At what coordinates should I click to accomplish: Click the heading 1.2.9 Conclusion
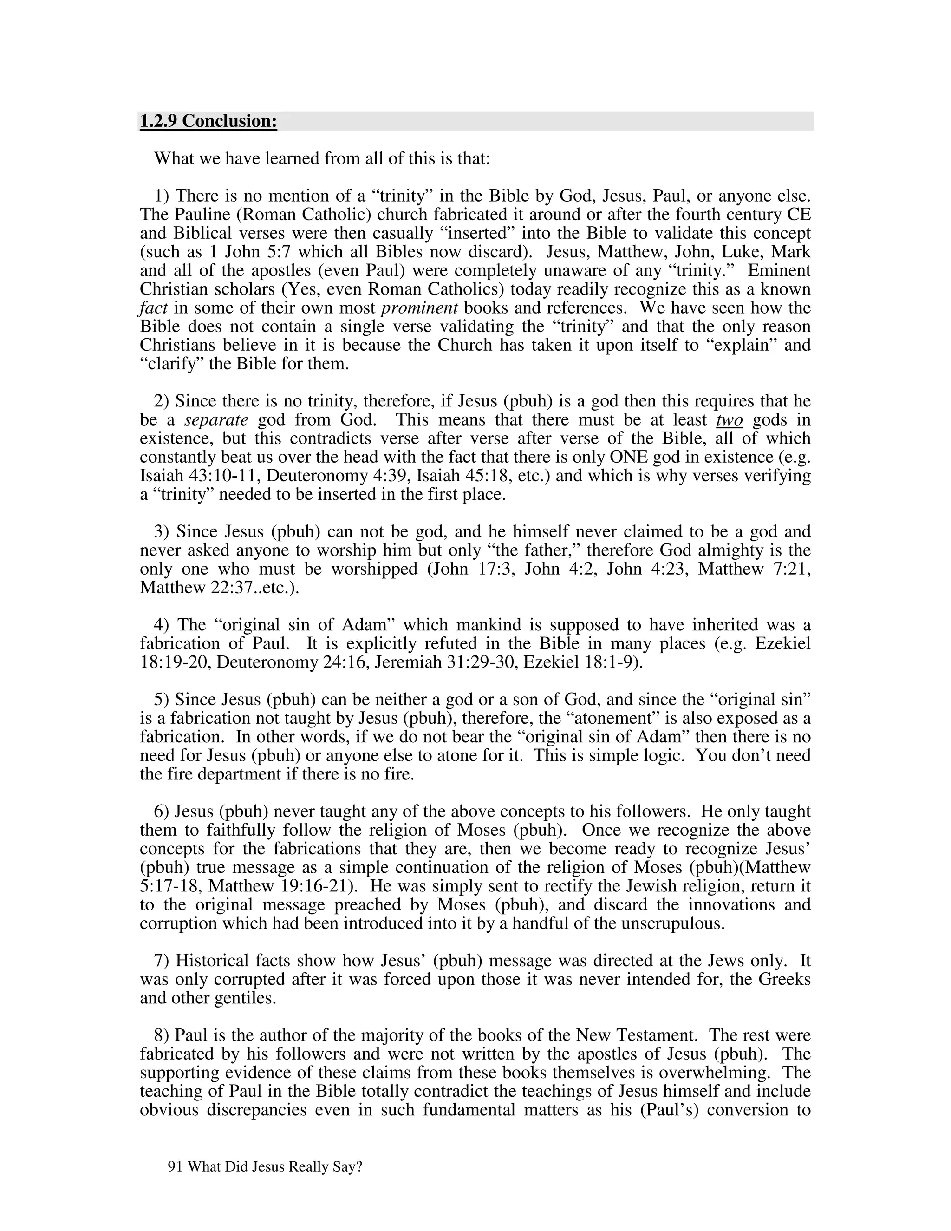(208, 121)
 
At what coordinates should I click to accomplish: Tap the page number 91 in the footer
(174, 1167)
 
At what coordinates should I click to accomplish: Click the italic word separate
(216, 420)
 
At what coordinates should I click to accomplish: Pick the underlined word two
(730, 420)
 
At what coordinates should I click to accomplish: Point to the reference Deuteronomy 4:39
(338, 476)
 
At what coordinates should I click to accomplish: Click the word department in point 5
(235, 774)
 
